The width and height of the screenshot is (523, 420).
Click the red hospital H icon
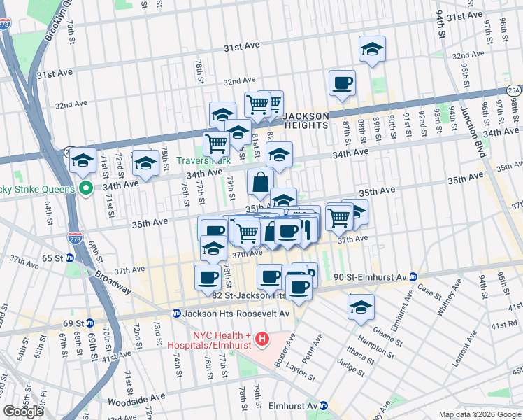[262, 339]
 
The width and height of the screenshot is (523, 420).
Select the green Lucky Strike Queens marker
[86, 188]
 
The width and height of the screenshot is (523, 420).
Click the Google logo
[23, 411]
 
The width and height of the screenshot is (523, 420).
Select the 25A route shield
[514, 90]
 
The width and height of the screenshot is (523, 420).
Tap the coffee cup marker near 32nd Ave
[342, 83]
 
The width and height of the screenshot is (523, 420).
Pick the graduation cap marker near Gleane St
[361, 307]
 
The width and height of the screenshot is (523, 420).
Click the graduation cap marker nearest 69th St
[83, 161]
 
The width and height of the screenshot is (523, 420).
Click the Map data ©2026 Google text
[479, 414]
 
